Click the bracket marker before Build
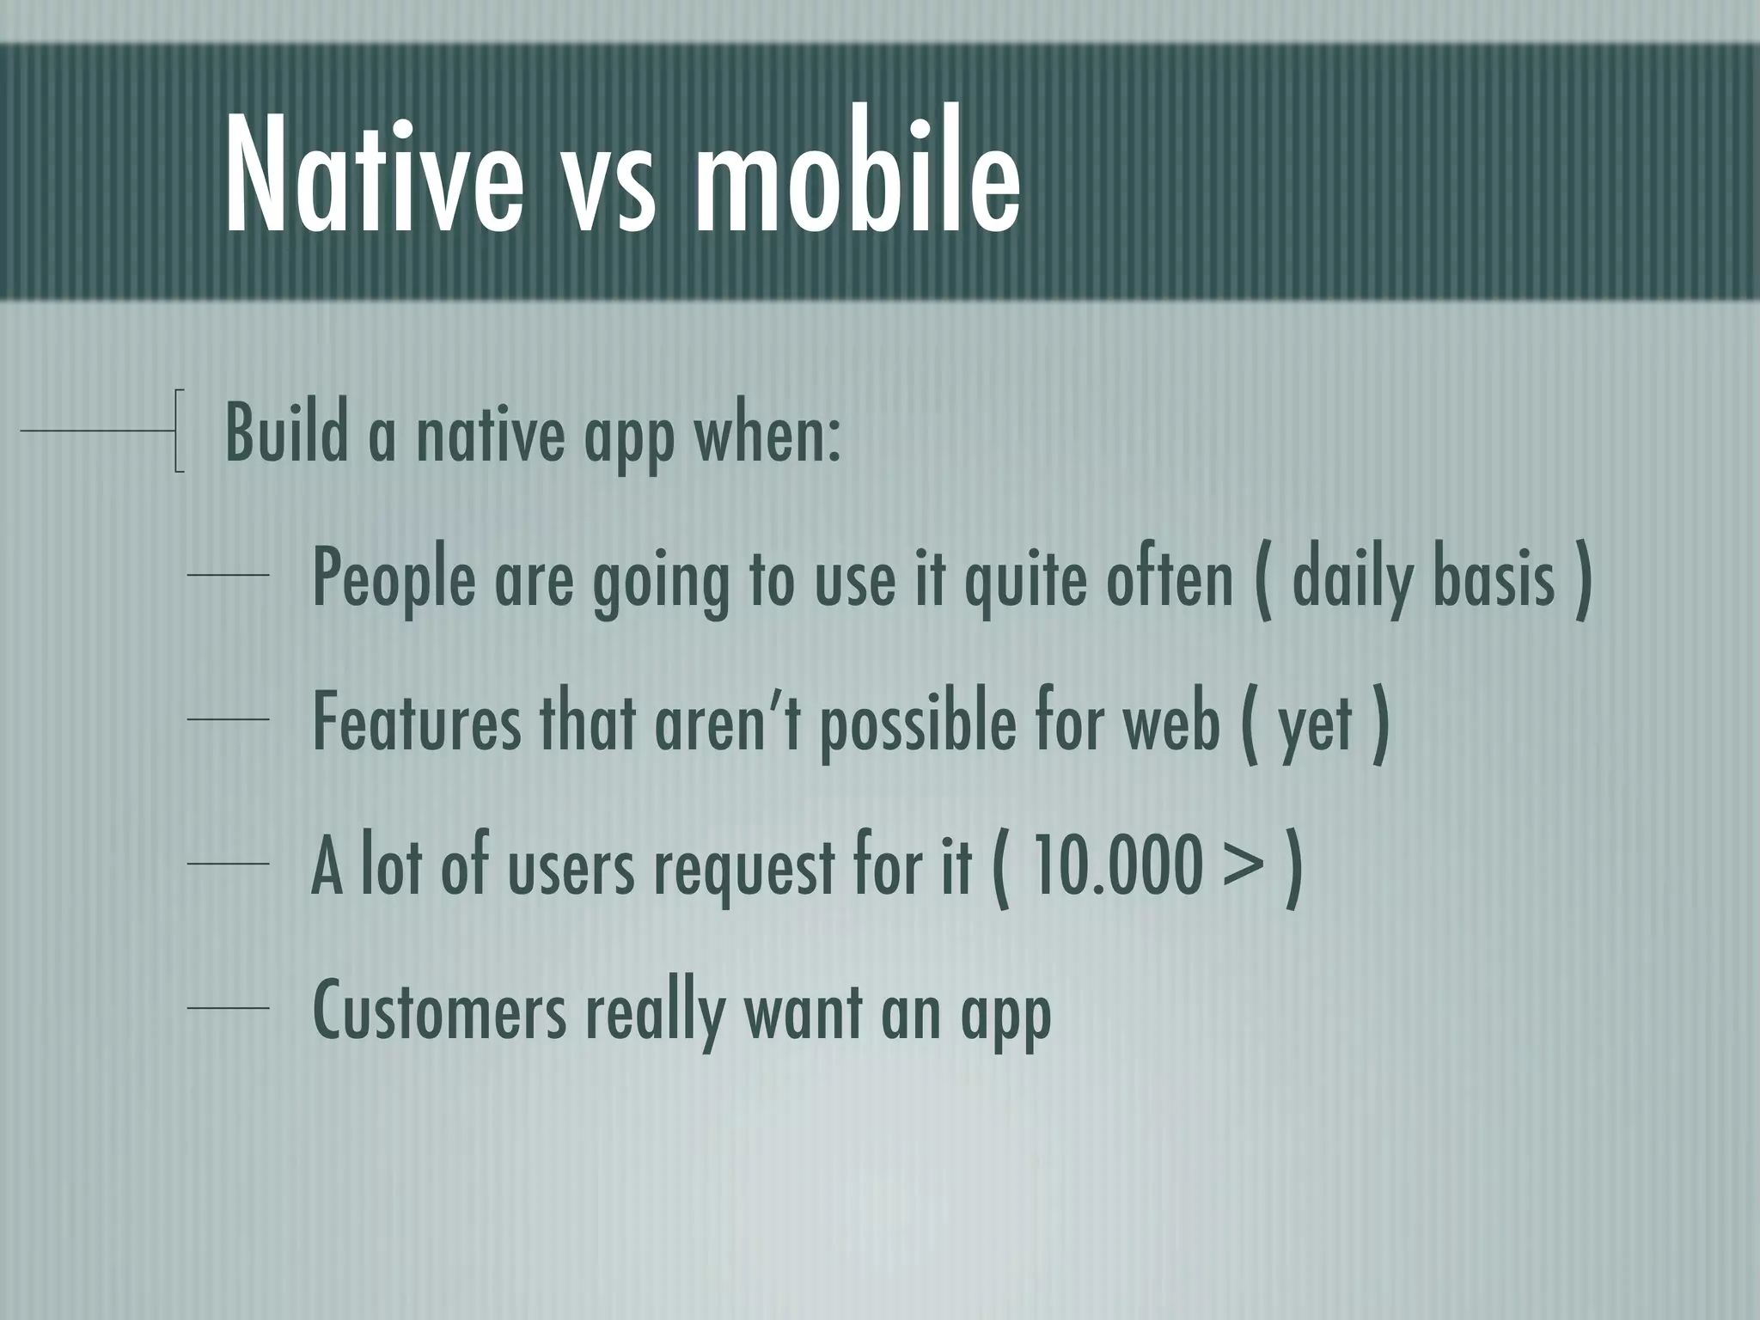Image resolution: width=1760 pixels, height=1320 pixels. (179, 431)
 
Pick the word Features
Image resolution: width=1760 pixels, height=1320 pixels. (416, 723)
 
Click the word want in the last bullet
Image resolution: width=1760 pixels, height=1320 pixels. (803, 1012)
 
